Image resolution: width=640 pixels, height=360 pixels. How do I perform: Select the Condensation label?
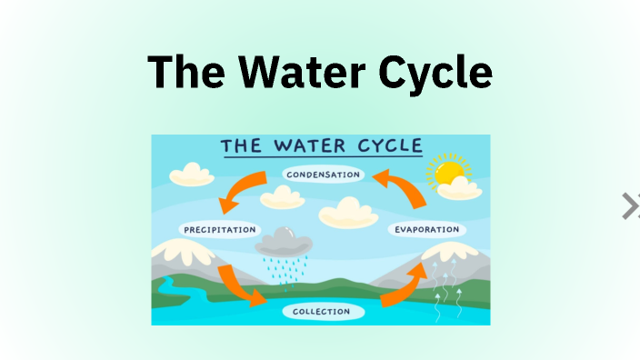322,174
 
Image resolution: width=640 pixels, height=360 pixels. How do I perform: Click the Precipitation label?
219,229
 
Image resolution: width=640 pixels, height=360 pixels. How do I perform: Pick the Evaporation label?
426,229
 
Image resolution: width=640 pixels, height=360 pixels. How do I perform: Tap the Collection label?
321,312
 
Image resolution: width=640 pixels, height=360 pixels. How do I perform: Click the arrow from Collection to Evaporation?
405,285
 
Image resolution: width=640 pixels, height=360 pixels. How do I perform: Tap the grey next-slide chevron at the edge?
630,206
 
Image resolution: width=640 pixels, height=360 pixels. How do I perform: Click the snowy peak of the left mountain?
178,247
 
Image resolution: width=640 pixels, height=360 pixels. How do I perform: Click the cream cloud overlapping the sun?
462,189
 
